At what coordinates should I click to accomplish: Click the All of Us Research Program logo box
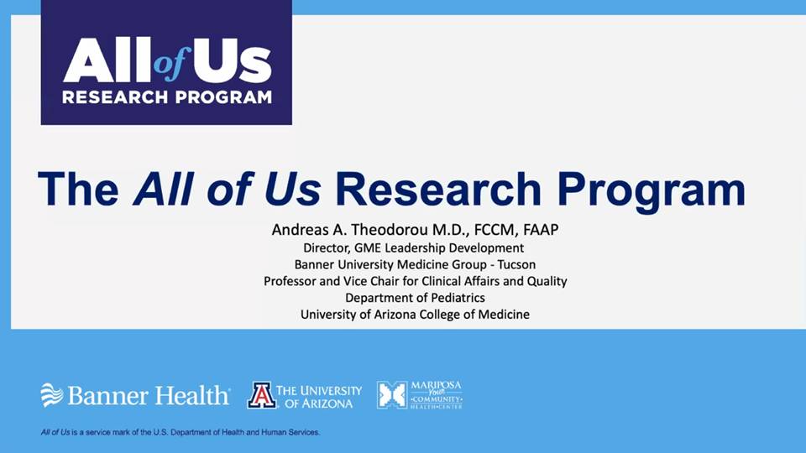click(166, 62)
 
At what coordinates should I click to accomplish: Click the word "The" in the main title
click(78, 189)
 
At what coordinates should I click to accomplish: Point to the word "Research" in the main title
click(438, 189)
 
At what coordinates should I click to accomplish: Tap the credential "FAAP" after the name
click(541, 230)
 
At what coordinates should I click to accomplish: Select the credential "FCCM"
click(497, 230)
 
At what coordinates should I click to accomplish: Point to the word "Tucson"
click(516, 264)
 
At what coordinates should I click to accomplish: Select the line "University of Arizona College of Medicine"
click(415, 315)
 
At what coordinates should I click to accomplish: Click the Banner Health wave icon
click(52, 395)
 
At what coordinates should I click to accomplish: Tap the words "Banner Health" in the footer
click(149, 395)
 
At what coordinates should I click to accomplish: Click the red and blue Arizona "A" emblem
click(262, 395)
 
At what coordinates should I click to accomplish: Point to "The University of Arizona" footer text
click(319, 397)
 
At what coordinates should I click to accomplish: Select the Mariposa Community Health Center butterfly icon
click(392, 395)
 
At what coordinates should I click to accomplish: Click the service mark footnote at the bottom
click(181, 433)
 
